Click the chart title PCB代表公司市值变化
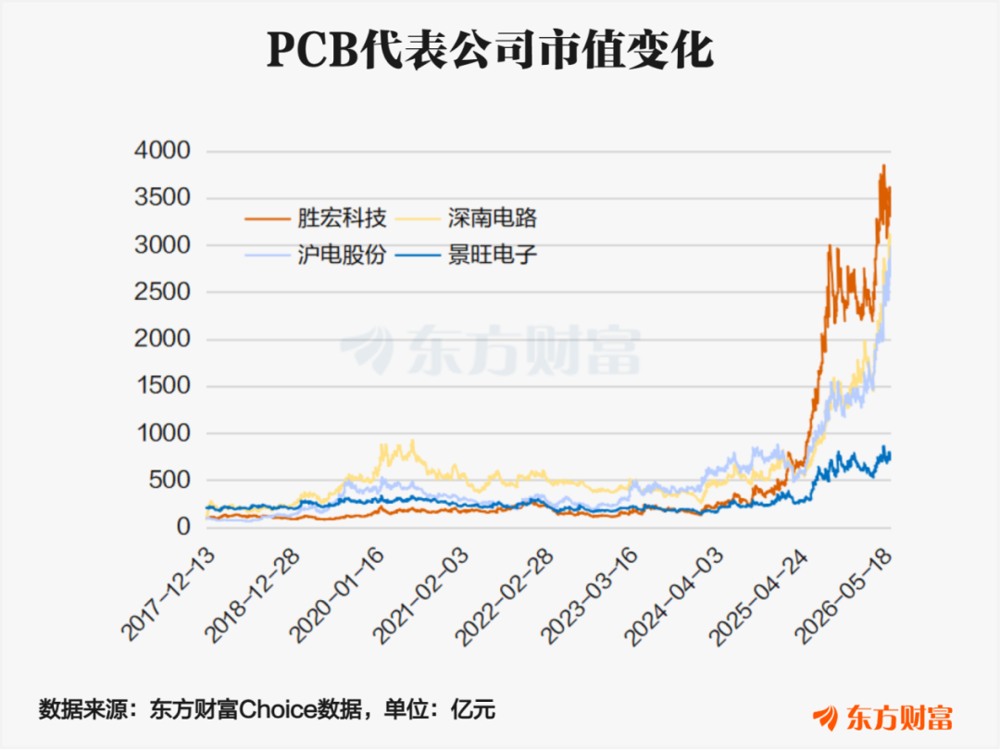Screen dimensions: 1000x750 490,50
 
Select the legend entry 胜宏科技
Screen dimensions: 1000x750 315,219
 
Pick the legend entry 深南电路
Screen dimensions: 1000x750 466,219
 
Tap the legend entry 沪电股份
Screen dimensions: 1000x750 315,256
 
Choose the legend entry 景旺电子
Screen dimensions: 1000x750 466,256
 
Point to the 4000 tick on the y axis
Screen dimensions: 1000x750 163,151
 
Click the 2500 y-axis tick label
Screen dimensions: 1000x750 163,292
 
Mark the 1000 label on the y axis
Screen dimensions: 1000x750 164,433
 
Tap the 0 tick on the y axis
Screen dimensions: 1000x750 183,527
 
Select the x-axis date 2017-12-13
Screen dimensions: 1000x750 169,594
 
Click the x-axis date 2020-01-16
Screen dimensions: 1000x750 337,594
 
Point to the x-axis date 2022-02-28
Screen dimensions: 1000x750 506,594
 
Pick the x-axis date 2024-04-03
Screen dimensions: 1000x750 674,594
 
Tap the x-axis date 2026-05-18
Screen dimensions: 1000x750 844,594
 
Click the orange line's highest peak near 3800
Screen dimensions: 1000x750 883,166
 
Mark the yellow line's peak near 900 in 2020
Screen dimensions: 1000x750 413,440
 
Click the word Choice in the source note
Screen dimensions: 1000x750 276,709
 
